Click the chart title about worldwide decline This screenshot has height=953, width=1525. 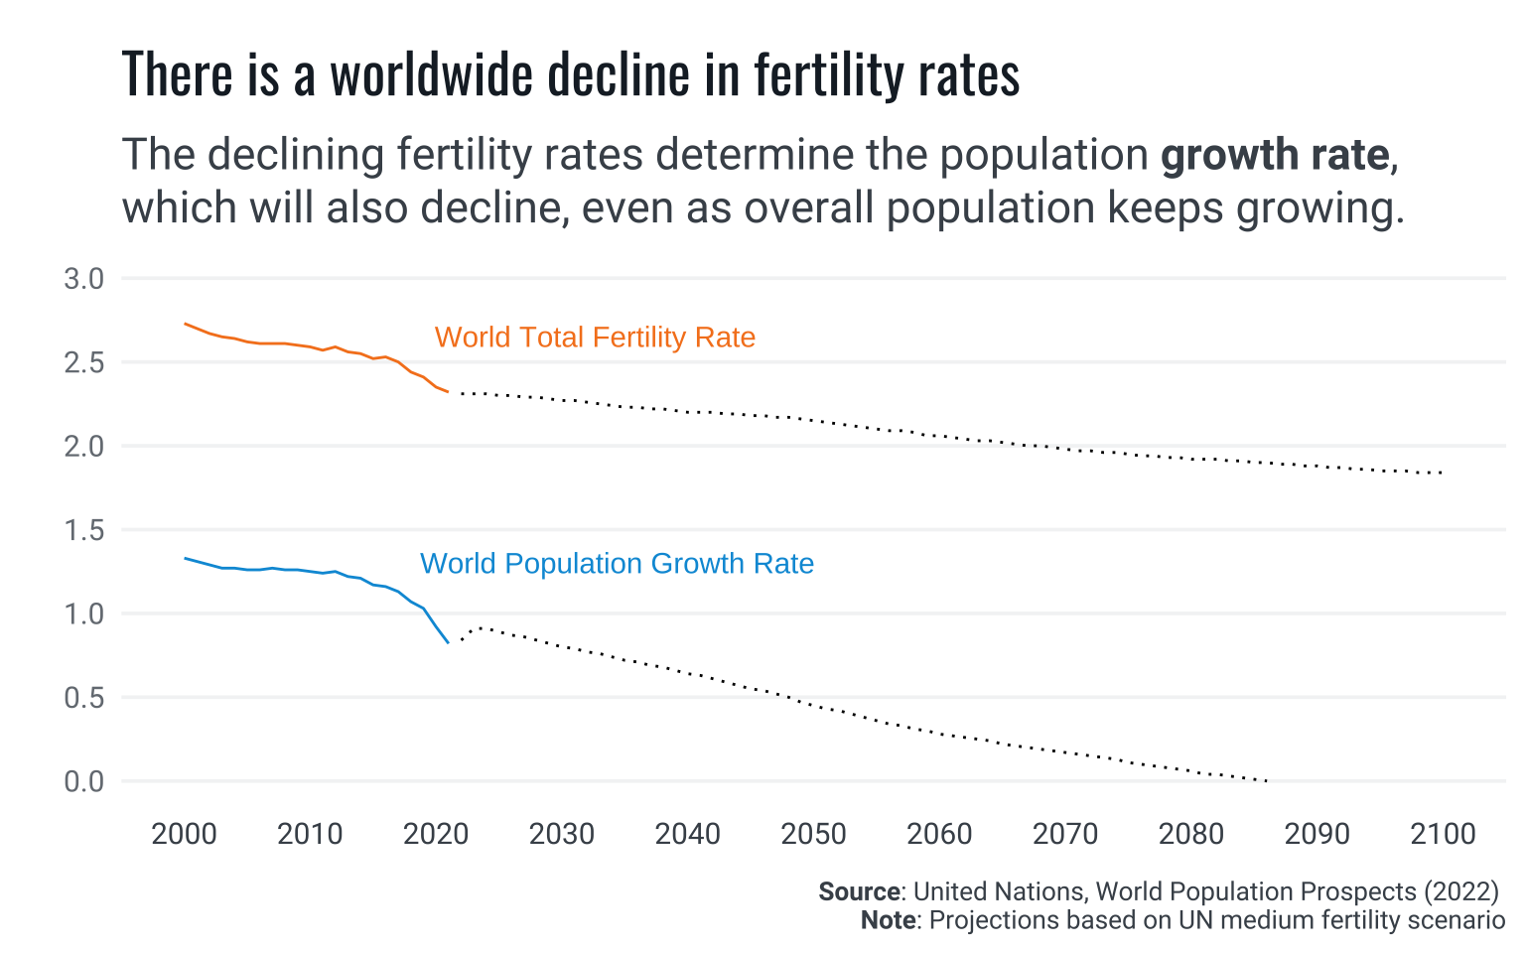pos(570,75)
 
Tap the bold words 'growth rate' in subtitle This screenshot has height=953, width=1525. pos(1274,156)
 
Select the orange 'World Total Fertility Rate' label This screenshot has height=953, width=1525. pos(595,338)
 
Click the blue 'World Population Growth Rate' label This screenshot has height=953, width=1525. pos(617,564)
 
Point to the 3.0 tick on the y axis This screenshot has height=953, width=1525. pos(83,279)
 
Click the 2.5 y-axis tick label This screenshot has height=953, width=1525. pos(83,362)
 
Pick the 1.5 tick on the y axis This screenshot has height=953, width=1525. pos(83,530)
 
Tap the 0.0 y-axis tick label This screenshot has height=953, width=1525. pos(83,782)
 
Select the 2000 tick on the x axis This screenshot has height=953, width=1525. pos(184,834)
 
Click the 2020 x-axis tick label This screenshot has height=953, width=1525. pos(436,834)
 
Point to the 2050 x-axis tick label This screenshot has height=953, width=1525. pos(813,834)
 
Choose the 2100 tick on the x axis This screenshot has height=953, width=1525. pos(1443,834)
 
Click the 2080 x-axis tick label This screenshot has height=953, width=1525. pos(1191,834)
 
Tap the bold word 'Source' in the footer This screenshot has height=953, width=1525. pos(859,891)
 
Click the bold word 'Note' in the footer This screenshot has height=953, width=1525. pos(888,920)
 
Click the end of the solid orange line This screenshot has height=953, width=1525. pos(449,392)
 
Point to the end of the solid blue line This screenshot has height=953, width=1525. pos(449,643)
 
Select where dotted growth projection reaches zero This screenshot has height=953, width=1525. pos(1267,781)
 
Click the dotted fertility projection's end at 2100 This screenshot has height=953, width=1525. pos(1442,474)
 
